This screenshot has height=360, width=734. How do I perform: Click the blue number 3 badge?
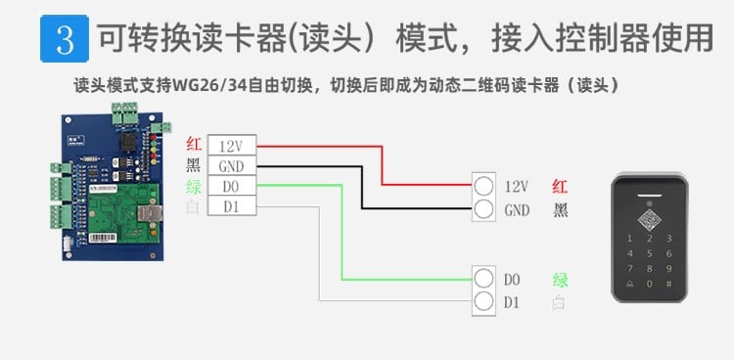tap(65, 38)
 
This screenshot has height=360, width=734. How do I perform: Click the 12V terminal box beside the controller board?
tap(232, 145)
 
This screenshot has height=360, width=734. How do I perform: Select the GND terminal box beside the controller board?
tap(232, 165)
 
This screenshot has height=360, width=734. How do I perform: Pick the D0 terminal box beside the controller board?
tap(232, 186)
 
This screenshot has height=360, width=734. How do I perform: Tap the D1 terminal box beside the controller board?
tap(232, 206)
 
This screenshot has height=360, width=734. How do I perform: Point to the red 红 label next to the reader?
tap(560, 186)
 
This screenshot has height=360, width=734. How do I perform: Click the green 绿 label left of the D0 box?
tap(193, 186)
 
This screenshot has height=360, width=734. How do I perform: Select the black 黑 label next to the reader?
tap(560, 209)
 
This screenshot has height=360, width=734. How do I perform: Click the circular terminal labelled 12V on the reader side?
tap(482, 186)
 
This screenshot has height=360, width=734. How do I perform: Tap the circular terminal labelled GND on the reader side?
tap(482, 209)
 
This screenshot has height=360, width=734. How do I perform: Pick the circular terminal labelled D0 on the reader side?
tap(482, 279)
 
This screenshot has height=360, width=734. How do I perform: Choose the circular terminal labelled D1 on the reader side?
tap(482, 302)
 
